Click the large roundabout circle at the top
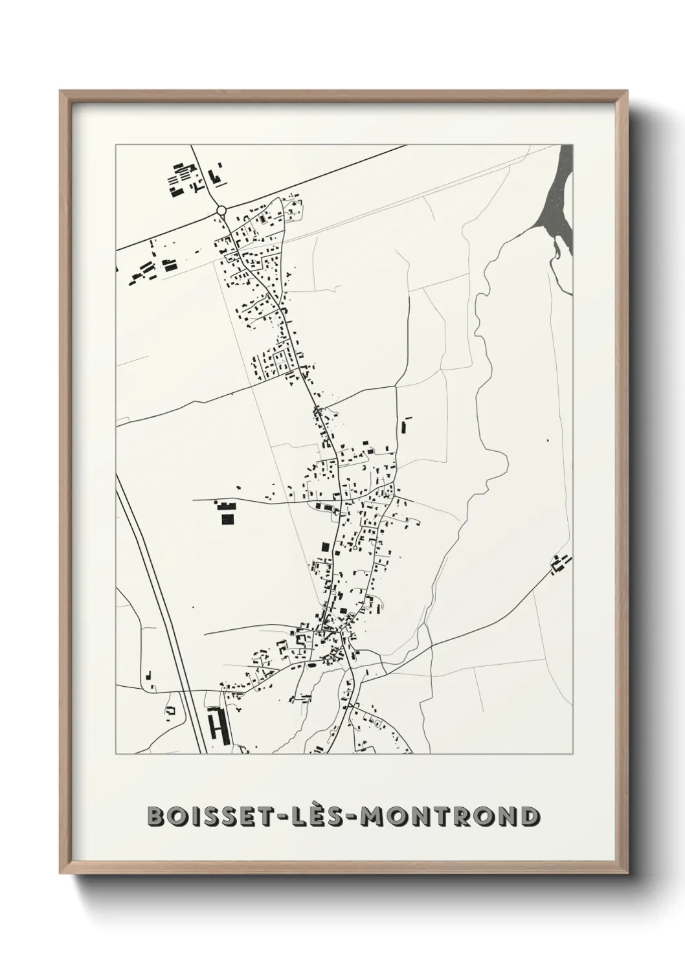click(221, 210)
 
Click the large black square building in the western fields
click(227, 518)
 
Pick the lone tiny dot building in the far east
click(548, 441)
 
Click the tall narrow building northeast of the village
click(406, 426)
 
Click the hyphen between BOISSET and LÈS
click(289, 818)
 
